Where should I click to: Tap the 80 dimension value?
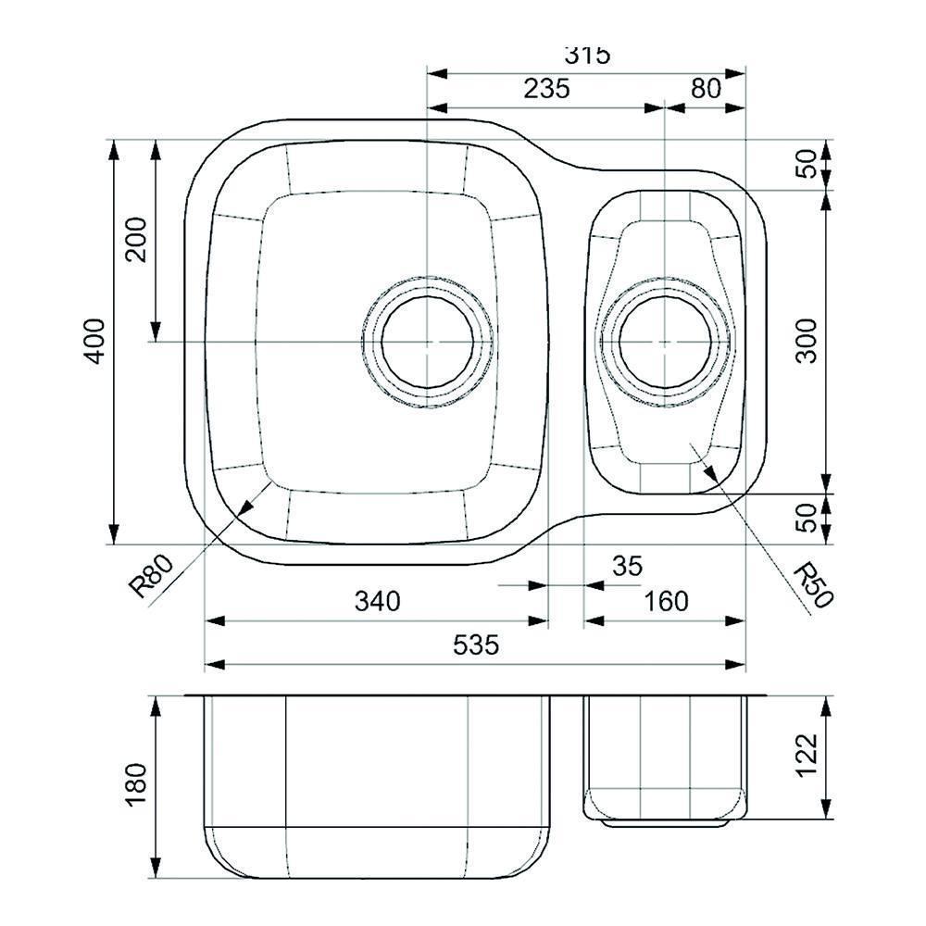tap(706, 89)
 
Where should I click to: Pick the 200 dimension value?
tap(136, 239)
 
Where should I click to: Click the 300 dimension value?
tap(807, 341)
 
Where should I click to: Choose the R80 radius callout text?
tap(151, 575)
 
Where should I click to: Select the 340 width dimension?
tap(378, 601)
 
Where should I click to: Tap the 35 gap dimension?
tap(627, 567)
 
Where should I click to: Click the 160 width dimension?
tap(666, 601)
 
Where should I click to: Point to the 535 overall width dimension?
tap(476, 644)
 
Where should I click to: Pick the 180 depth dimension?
tap(136, 785)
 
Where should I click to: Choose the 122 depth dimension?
tap(807, 755)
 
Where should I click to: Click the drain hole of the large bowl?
tap(428, 342)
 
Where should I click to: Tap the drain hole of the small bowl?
tap(665, 342)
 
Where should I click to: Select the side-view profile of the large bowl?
tap(380, 787)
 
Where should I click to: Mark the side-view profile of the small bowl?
tap(665, 755)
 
